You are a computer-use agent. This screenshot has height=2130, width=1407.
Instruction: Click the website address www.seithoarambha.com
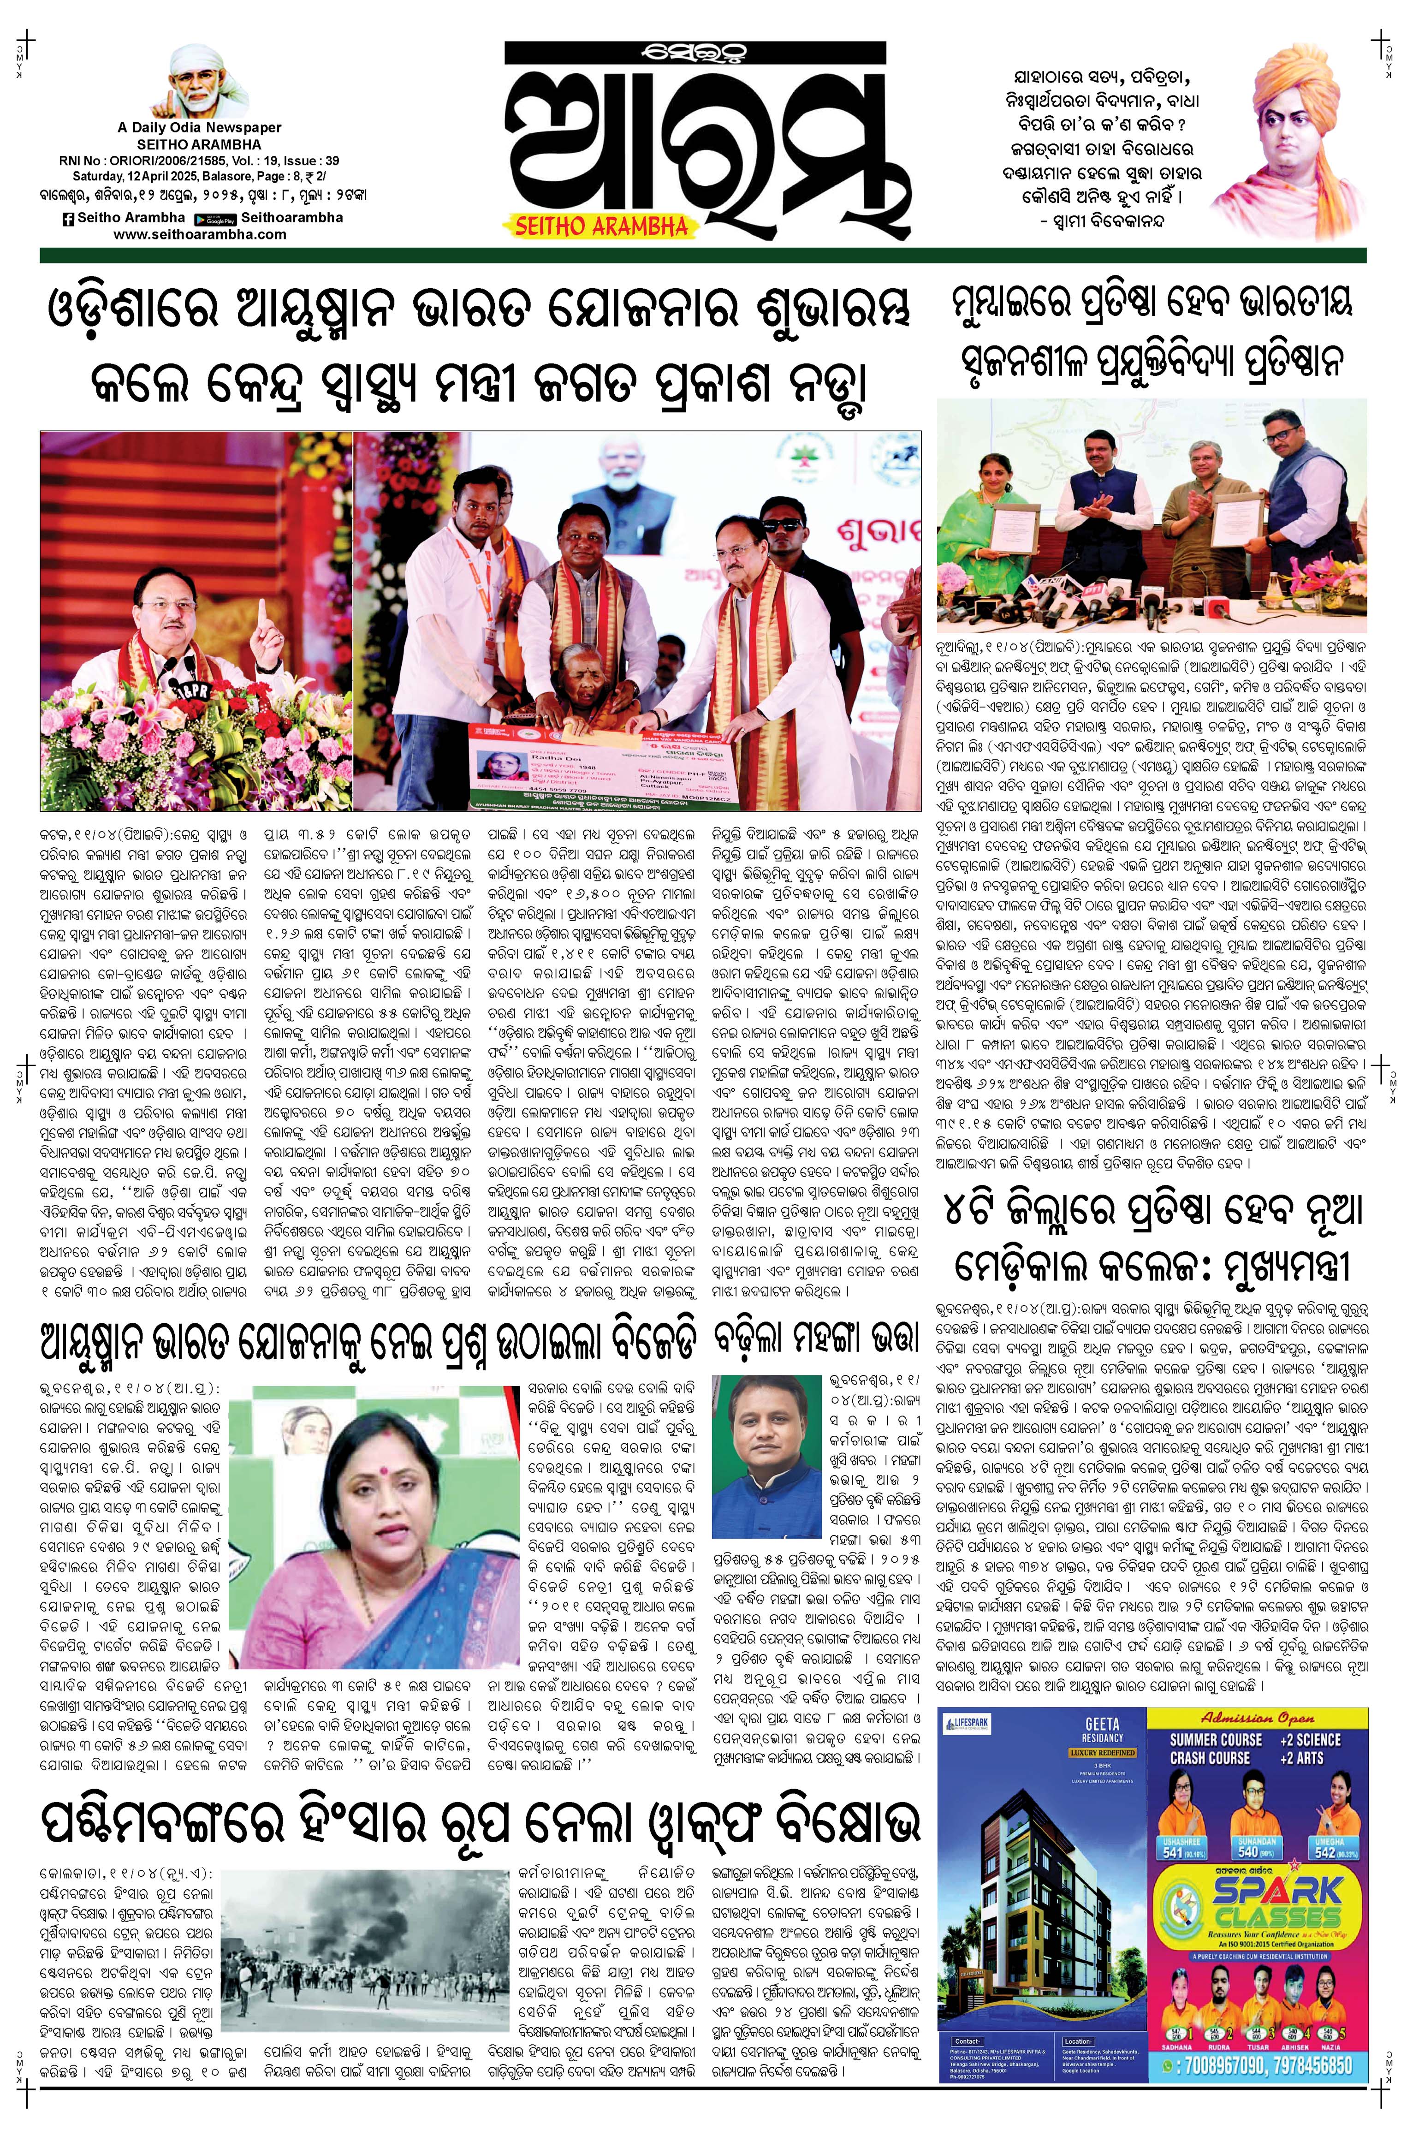click(x=200, y=234)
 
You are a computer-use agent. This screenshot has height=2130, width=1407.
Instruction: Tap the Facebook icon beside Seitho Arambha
click(x=67, y=218)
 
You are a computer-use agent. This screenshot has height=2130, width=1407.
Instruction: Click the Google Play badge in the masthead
click(x=220, y=218)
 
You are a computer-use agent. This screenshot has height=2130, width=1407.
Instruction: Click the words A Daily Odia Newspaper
click(x=199, y=128)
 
